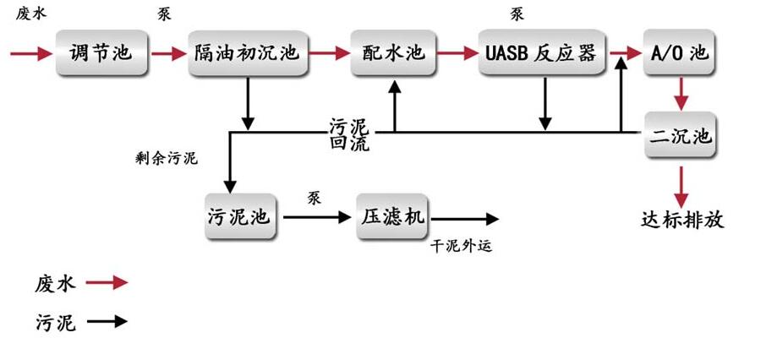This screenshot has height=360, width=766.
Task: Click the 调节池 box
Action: [x=100, y=52]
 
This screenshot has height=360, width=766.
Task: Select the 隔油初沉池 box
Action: [x=247, y=52]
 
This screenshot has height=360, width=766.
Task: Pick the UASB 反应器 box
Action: [x=542, y=52]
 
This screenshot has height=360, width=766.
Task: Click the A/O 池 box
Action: [x=680, y=52]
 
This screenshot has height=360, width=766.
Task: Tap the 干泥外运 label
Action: [x=461, y=247]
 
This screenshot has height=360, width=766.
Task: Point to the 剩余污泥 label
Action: [x=167, y=158]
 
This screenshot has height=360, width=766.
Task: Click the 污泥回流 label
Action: [x=348, y=134]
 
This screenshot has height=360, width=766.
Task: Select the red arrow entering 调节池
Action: [x=30, y=53]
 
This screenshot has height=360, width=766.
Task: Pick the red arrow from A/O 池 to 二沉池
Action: [x=681, y=94]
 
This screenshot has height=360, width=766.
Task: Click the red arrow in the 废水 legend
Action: [x=107, y=283]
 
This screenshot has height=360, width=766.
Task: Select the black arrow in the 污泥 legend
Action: [x=107, y=321]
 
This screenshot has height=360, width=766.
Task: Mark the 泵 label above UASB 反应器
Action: [x=517, y=14]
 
